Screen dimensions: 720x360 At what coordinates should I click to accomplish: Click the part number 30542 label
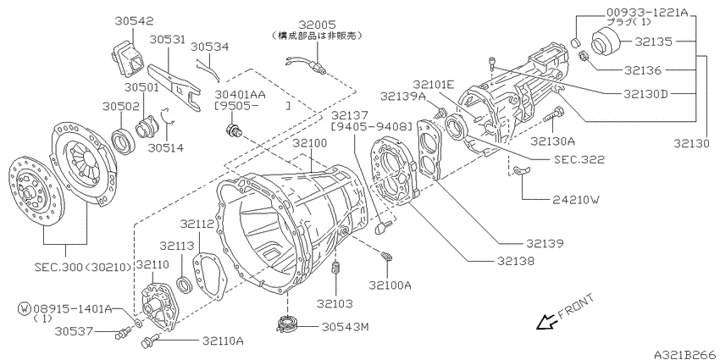134,21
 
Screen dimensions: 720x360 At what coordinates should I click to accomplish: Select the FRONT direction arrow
546,322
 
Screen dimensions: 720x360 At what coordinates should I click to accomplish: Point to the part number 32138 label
516,261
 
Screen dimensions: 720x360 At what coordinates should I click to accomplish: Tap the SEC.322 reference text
579,159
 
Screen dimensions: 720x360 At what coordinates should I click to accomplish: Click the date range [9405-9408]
372,126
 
